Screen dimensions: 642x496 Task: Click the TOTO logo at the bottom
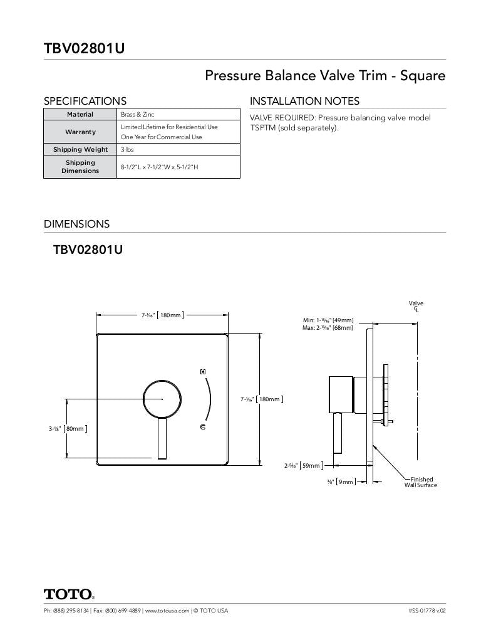(x=69, y=594)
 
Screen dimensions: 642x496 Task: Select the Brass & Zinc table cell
(x=138, y=115)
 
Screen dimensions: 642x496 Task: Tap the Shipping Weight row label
(x=80, y=150)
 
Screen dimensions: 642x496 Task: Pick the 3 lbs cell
(x=127, y=150)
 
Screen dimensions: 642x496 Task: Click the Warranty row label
(x=80, y=132)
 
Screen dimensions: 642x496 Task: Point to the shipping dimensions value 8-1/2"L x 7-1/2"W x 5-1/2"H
(x=160, y=167)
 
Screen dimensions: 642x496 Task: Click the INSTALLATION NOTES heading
(x=304, y=101)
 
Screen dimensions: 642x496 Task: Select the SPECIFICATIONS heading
(x=85, y=101)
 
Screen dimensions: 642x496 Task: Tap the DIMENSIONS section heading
(x=76, y=224)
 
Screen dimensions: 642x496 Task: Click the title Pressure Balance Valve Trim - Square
(x=325, y=76)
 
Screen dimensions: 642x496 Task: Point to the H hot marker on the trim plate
(x=203, y=372)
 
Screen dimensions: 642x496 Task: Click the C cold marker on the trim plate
(x=203, y=427)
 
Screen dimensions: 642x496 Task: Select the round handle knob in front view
(x=162, y=399)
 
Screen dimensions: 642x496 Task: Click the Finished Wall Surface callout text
(x=421, y=482)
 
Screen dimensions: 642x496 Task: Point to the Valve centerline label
(x=416, y=306)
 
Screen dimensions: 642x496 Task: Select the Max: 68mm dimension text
(x=328, y=328)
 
